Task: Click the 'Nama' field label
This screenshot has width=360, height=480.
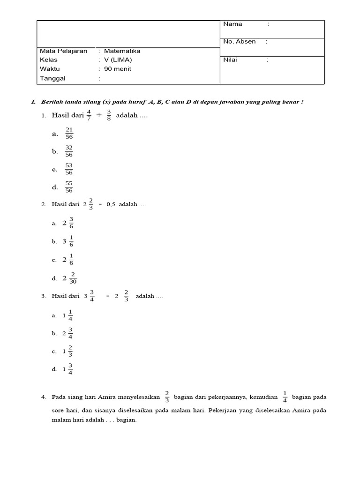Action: [232, 24]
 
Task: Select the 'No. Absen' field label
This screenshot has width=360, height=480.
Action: [239, 42]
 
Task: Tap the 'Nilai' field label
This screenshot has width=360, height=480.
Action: [230, 60]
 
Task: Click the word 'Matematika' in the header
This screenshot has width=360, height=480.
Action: [122, 51]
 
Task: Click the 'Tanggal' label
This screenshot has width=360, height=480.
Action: [52, 79]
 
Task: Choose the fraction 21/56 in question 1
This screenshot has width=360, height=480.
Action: [69, 134]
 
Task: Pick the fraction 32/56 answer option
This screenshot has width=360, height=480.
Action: [69, 151]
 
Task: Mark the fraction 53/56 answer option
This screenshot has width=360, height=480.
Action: [69, 169]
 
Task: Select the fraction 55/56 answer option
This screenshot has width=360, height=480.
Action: [69, 187]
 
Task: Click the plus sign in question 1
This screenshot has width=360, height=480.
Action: [98, 116]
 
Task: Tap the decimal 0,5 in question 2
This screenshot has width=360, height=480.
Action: [111, 205]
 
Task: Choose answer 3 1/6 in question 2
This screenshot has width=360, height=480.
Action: [68, 241]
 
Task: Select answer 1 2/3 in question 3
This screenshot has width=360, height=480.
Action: [67, 351]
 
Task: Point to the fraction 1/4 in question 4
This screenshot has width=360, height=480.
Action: [285, 397]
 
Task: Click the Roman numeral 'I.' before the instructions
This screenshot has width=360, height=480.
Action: [33, 102]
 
